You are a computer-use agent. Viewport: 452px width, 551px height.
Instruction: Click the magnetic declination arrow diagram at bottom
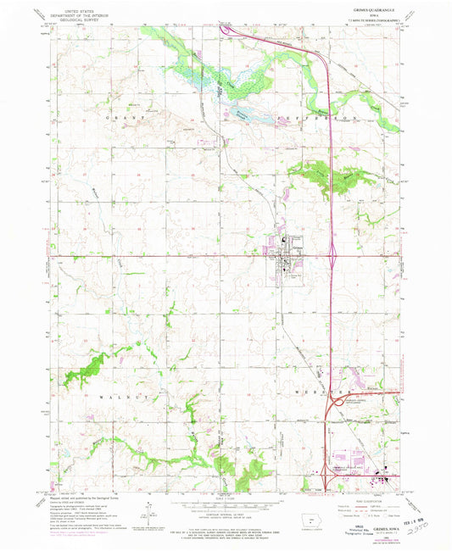(148, 512)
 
